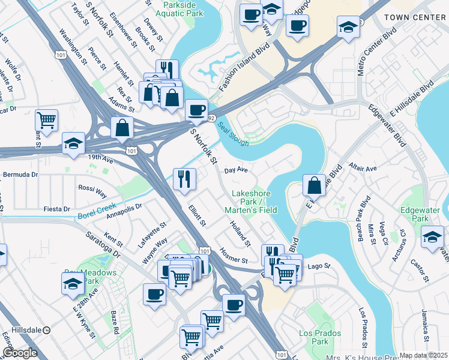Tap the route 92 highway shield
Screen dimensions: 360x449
point(211,119)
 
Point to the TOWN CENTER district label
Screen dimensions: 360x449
point(414,17)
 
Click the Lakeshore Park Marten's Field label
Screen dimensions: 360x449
point(251,202)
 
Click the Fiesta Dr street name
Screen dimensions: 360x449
point(58,209)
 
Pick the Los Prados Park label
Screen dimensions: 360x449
point(320,337)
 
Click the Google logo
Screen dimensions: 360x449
point(20,353)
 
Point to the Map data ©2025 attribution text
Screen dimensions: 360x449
point(423,355)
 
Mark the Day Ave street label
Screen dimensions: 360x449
point(237,170)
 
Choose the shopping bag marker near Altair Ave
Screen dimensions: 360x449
point(315,185)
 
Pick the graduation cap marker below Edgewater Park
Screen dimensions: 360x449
point(433,236)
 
